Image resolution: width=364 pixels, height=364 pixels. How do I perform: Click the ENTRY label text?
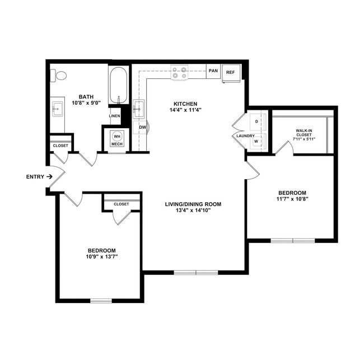pos(35,176)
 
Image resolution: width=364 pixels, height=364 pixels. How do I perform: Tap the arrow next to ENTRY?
pos(50,176)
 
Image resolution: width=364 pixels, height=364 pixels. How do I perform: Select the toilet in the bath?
pos(58,75)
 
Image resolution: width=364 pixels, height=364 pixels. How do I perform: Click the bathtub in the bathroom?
pos(118,85)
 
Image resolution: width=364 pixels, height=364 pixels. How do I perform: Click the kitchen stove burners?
pos(180,72)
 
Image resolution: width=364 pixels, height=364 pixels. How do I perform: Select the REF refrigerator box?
pos(230,72)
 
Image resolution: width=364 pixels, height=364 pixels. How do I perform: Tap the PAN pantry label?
pos(213,71)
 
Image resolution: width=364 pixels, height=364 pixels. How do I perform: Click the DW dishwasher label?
pos(142,127)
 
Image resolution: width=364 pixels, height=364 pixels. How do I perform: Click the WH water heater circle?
pos(117,136)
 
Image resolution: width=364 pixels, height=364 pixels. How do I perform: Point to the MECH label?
pos(116,144)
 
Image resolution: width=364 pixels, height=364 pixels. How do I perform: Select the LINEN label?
pos(114,116)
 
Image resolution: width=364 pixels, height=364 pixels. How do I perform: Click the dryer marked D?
pos(256,122)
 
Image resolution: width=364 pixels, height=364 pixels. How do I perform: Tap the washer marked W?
pos(256,141)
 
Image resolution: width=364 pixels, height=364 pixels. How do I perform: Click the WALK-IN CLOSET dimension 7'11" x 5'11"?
pos(308,139)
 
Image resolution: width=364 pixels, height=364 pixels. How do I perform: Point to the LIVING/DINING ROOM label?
pos(193,204)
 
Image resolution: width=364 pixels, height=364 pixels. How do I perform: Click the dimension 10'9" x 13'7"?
pos(101,256)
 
